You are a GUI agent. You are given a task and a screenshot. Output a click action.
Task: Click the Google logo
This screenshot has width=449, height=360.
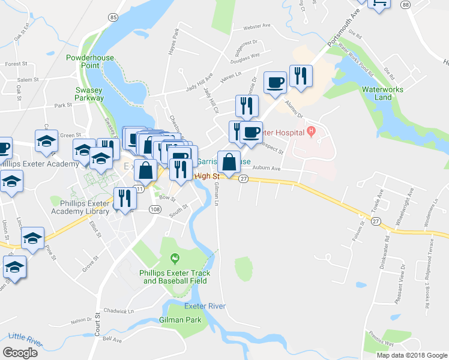[20, 353]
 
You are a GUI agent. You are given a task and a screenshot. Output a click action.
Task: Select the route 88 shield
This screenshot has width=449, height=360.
[406, 5]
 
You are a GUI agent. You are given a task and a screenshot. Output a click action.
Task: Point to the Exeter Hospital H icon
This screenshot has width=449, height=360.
[310, 131]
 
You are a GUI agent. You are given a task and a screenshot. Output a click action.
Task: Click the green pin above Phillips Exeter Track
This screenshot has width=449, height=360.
[175, 259]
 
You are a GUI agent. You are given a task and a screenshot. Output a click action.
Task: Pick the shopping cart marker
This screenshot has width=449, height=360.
[379, 4]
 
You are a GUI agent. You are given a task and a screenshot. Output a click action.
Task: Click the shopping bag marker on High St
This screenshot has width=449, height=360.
[229, 162]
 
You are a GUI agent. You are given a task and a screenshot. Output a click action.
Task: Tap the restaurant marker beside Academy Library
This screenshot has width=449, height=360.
[124, 198]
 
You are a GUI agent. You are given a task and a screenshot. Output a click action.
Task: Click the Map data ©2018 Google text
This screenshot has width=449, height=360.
[411, 355]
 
